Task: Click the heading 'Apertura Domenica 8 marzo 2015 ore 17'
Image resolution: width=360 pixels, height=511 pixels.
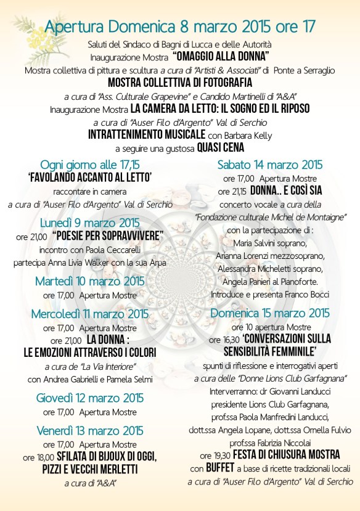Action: point(180,27)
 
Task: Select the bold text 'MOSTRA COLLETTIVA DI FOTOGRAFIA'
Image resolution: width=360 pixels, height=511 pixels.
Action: point(180,82)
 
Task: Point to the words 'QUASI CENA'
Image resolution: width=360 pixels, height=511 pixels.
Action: point(220,147)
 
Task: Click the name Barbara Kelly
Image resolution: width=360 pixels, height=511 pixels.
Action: point(243,134)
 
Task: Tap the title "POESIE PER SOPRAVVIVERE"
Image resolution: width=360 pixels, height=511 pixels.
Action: point(108,236)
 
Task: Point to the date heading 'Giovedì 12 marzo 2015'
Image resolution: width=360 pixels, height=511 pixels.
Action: point(90,397)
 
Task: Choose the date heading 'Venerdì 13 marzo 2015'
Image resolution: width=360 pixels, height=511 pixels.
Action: point(90,429)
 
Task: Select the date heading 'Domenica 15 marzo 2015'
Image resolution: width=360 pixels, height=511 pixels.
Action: point(271,313)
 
